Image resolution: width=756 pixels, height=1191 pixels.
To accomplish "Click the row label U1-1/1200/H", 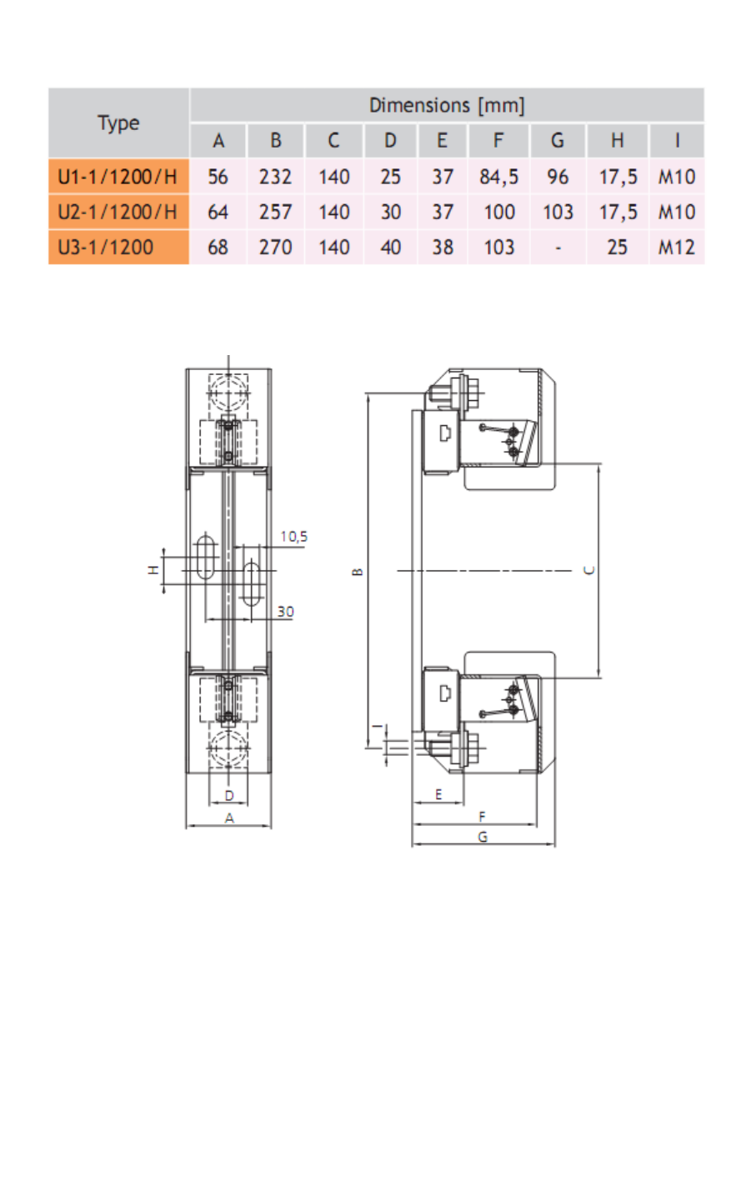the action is pos(117,177).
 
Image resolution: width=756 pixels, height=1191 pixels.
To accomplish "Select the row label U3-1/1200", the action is pos(105,248).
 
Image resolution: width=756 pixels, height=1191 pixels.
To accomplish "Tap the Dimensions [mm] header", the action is pos(447,105).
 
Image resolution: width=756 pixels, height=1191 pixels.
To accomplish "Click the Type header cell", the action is pos(118,123).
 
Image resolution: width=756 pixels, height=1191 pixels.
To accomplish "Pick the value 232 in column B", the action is pos(275,177).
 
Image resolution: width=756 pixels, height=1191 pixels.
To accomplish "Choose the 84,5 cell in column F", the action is pos(498,177).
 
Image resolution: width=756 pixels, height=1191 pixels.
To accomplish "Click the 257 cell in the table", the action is pos(275,213).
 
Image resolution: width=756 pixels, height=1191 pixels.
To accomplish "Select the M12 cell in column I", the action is pos(676,248).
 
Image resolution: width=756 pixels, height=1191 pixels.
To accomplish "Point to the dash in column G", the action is pos(558,248).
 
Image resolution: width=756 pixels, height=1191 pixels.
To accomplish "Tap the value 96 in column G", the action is pos(558,177).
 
